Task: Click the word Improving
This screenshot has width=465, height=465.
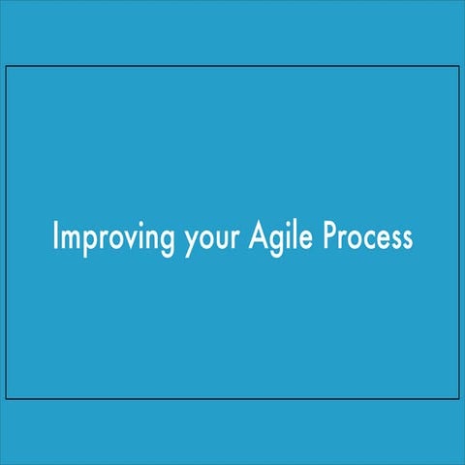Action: tap(114, 237)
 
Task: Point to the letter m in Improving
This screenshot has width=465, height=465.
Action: tap(70, 239)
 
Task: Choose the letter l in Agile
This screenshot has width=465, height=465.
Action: tap(294, 235)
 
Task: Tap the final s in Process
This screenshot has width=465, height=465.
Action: tap(407, 239)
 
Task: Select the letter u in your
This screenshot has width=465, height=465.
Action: tap(218, 239)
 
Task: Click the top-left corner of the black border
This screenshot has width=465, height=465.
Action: tap(7, 66)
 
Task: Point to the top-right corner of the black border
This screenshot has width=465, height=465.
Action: tap(457, 66)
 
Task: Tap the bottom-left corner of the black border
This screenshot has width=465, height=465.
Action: tap(7, 398)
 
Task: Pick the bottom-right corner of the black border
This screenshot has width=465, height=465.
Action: tap(457, 398)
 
